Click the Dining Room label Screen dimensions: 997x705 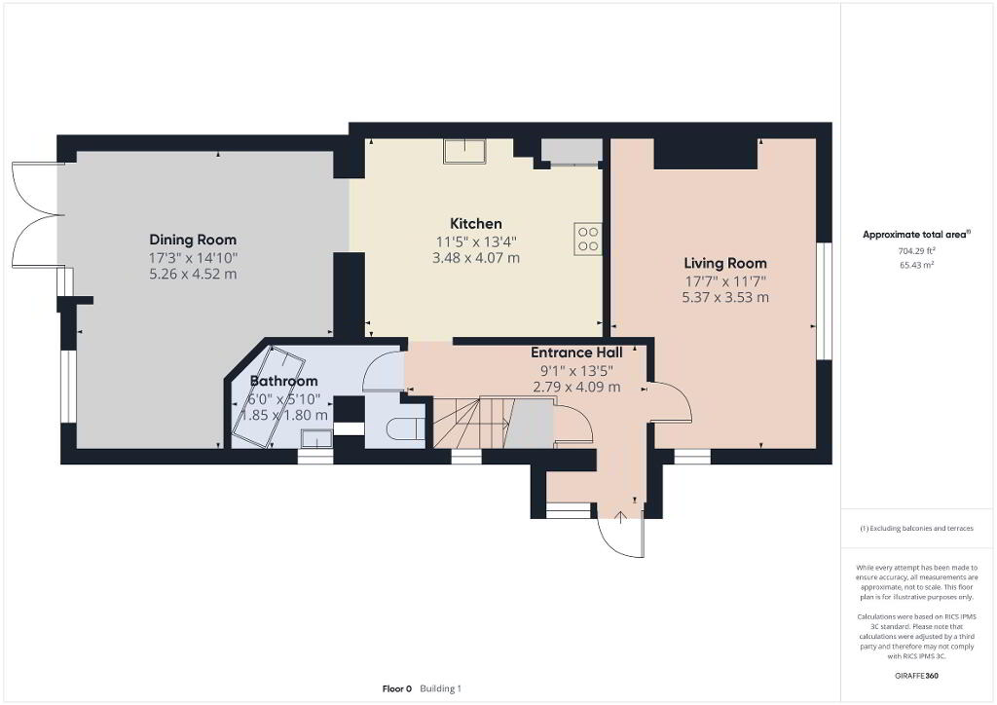(193, 240)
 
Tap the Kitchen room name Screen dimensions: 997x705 (475, 224)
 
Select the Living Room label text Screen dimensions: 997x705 (724, 263)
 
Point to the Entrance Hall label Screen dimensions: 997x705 (576, 352)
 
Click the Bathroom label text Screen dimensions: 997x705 (283, 381)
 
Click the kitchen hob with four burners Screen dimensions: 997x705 (588, 239)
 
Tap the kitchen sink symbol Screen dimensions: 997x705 (465, 151)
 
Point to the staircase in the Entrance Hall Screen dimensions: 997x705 (493, 422)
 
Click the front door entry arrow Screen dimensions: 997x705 (621, 516)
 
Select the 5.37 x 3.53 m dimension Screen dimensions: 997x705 (724, 298)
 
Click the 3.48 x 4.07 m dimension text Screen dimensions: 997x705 (475, 258)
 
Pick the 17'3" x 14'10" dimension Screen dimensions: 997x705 (193, 258)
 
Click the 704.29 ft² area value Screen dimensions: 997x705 (916, 251)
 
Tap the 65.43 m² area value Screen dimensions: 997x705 (916, 265)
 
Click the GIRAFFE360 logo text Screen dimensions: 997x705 (916, 676)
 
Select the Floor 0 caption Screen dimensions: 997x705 (397, 688)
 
